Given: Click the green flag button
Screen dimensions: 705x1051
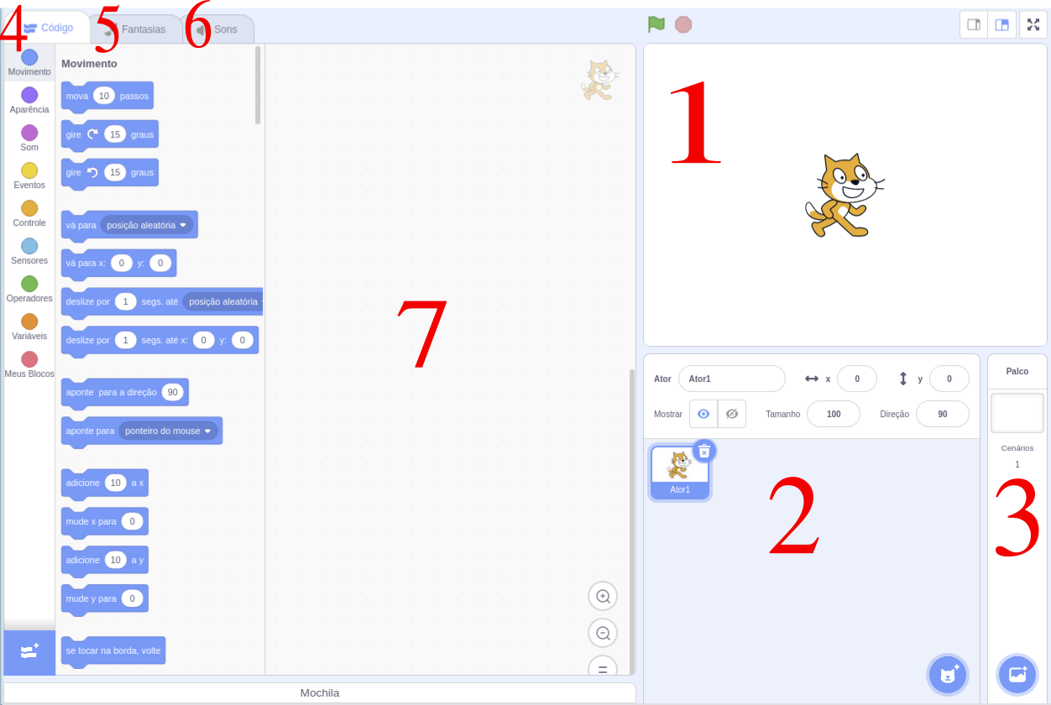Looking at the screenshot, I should pyautogui.click(x=656, y=24).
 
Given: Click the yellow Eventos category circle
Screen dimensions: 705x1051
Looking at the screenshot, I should pyautogui.click(x=29, y=170).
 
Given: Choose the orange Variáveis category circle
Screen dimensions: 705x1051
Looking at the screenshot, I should pyautogui.click(x=29, y=321).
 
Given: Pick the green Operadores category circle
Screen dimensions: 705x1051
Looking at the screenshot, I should pyautogui.click(x=29, y=284).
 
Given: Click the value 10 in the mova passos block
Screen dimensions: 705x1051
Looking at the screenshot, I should pyautogui.click(x=104, y=96).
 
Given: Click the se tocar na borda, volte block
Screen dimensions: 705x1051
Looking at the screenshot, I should pyautogui.click(x=113, y=650).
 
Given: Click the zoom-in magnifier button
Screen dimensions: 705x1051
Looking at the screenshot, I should pyautogui.click(x=603, y=596).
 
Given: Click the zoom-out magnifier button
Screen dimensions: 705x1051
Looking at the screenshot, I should pyautogui.click(x=603, y=633).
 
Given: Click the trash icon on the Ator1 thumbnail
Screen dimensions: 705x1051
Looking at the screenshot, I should pyautogui.click(x=704, y=451).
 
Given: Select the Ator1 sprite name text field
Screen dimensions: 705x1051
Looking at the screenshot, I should pyautogui.click(x=731, y=379).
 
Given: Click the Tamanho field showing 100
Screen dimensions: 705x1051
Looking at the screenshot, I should pyautogui.click(x=834, y=414).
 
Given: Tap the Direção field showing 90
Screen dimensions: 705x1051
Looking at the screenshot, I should pyautogui.click(x=943, y=414).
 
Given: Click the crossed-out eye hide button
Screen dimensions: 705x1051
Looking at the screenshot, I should pyautogui.click(x=732, y=414).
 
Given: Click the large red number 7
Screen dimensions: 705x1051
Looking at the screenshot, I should pyautogui.click(x=421, y=334).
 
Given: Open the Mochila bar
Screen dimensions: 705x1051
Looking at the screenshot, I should pyautogui.click(x=320, y=693).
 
